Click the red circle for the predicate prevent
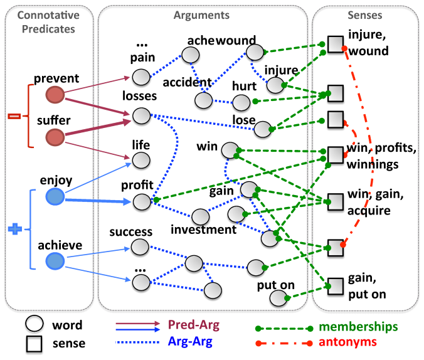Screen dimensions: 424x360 tap(55, 95)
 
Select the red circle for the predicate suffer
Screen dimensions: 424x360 tap(55, 137)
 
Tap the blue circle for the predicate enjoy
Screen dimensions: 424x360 tap(55, 197)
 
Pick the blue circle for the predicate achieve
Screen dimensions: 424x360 tap(55, 261)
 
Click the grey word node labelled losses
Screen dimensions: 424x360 tap(141, 116)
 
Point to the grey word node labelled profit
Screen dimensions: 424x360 tap(142, 202)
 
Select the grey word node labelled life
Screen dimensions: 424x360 tap(141, 160)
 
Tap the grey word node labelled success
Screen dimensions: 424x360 tap(140, 247)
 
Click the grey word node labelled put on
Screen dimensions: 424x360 tap(278, 298)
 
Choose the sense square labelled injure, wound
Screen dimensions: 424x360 tap(336, 44)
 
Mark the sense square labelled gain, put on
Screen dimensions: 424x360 tap(336, 286)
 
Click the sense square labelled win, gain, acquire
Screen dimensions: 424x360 tap(336, 202)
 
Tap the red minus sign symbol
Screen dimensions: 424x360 tap(14, 116)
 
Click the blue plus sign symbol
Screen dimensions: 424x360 tap(15, 229)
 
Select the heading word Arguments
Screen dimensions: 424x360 tap(201, 16)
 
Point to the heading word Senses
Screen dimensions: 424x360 tap(365, 15)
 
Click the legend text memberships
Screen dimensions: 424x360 tap(358, 327)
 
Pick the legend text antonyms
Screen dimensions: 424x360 tap(347, 342)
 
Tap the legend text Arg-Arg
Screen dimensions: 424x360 tap(190, 342)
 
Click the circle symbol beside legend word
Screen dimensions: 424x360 tap(34, 324)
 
